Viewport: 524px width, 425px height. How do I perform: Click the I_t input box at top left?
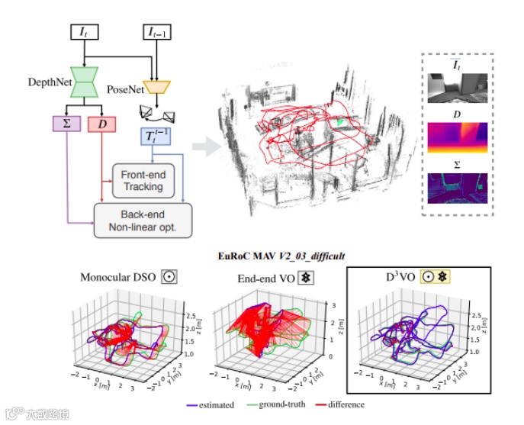83,33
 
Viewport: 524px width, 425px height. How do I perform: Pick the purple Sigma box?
66,123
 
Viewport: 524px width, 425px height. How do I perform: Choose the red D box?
101,123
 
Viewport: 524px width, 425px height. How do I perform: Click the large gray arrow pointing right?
202,143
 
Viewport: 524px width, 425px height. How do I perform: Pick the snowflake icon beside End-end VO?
304,277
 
